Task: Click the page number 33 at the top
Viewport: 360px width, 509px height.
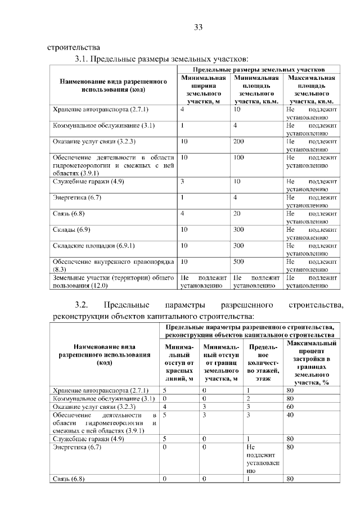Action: [198, 26]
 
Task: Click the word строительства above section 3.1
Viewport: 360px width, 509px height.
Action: [74, 47]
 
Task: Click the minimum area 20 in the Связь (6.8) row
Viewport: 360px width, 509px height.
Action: [237, 214]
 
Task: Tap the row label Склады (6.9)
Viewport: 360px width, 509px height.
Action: [71, 230]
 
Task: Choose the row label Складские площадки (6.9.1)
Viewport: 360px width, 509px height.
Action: [93, 246]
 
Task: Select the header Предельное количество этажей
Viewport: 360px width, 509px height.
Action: [259, 363]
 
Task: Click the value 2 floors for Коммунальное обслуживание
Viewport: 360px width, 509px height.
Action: [249, 398]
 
